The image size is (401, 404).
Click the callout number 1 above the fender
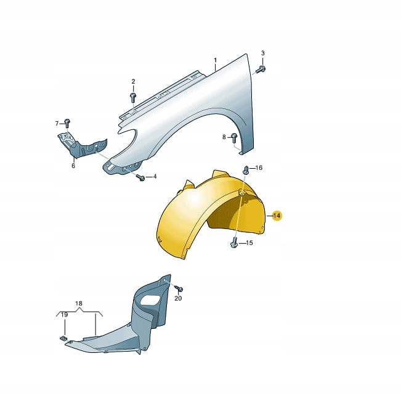215,60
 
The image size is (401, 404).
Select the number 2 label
133,82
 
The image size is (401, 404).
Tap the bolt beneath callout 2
133,97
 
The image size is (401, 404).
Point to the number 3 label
262,53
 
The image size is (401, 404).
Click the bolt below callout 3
261,70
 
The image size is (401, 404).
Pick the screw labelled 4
141,177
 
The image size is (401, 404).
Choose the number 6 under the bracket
73,166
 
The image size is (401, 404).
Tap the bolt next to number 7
67,123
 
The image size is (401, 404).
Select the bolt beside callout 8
233,138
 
